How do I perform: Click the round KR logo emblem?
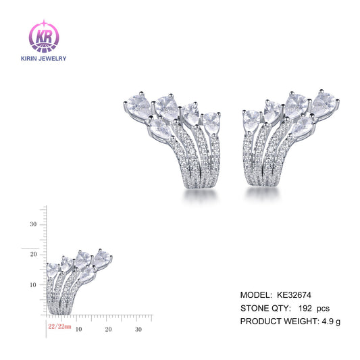(44, 35)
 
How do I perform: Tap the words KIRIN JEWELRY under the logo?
(44, 58)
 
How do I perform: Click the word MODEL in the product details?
(255, 295)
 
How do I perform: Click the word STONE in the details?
(255, 308)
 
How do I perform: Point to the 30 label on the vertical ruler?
(32, 224)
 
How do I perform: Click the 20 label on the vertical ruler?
(32, 254)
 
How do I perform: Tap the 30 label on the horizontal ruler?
(138, 329)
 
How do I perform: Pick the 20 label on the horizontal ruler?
(108, 329)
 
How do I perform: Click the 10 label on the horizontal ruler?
(78, 329)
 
